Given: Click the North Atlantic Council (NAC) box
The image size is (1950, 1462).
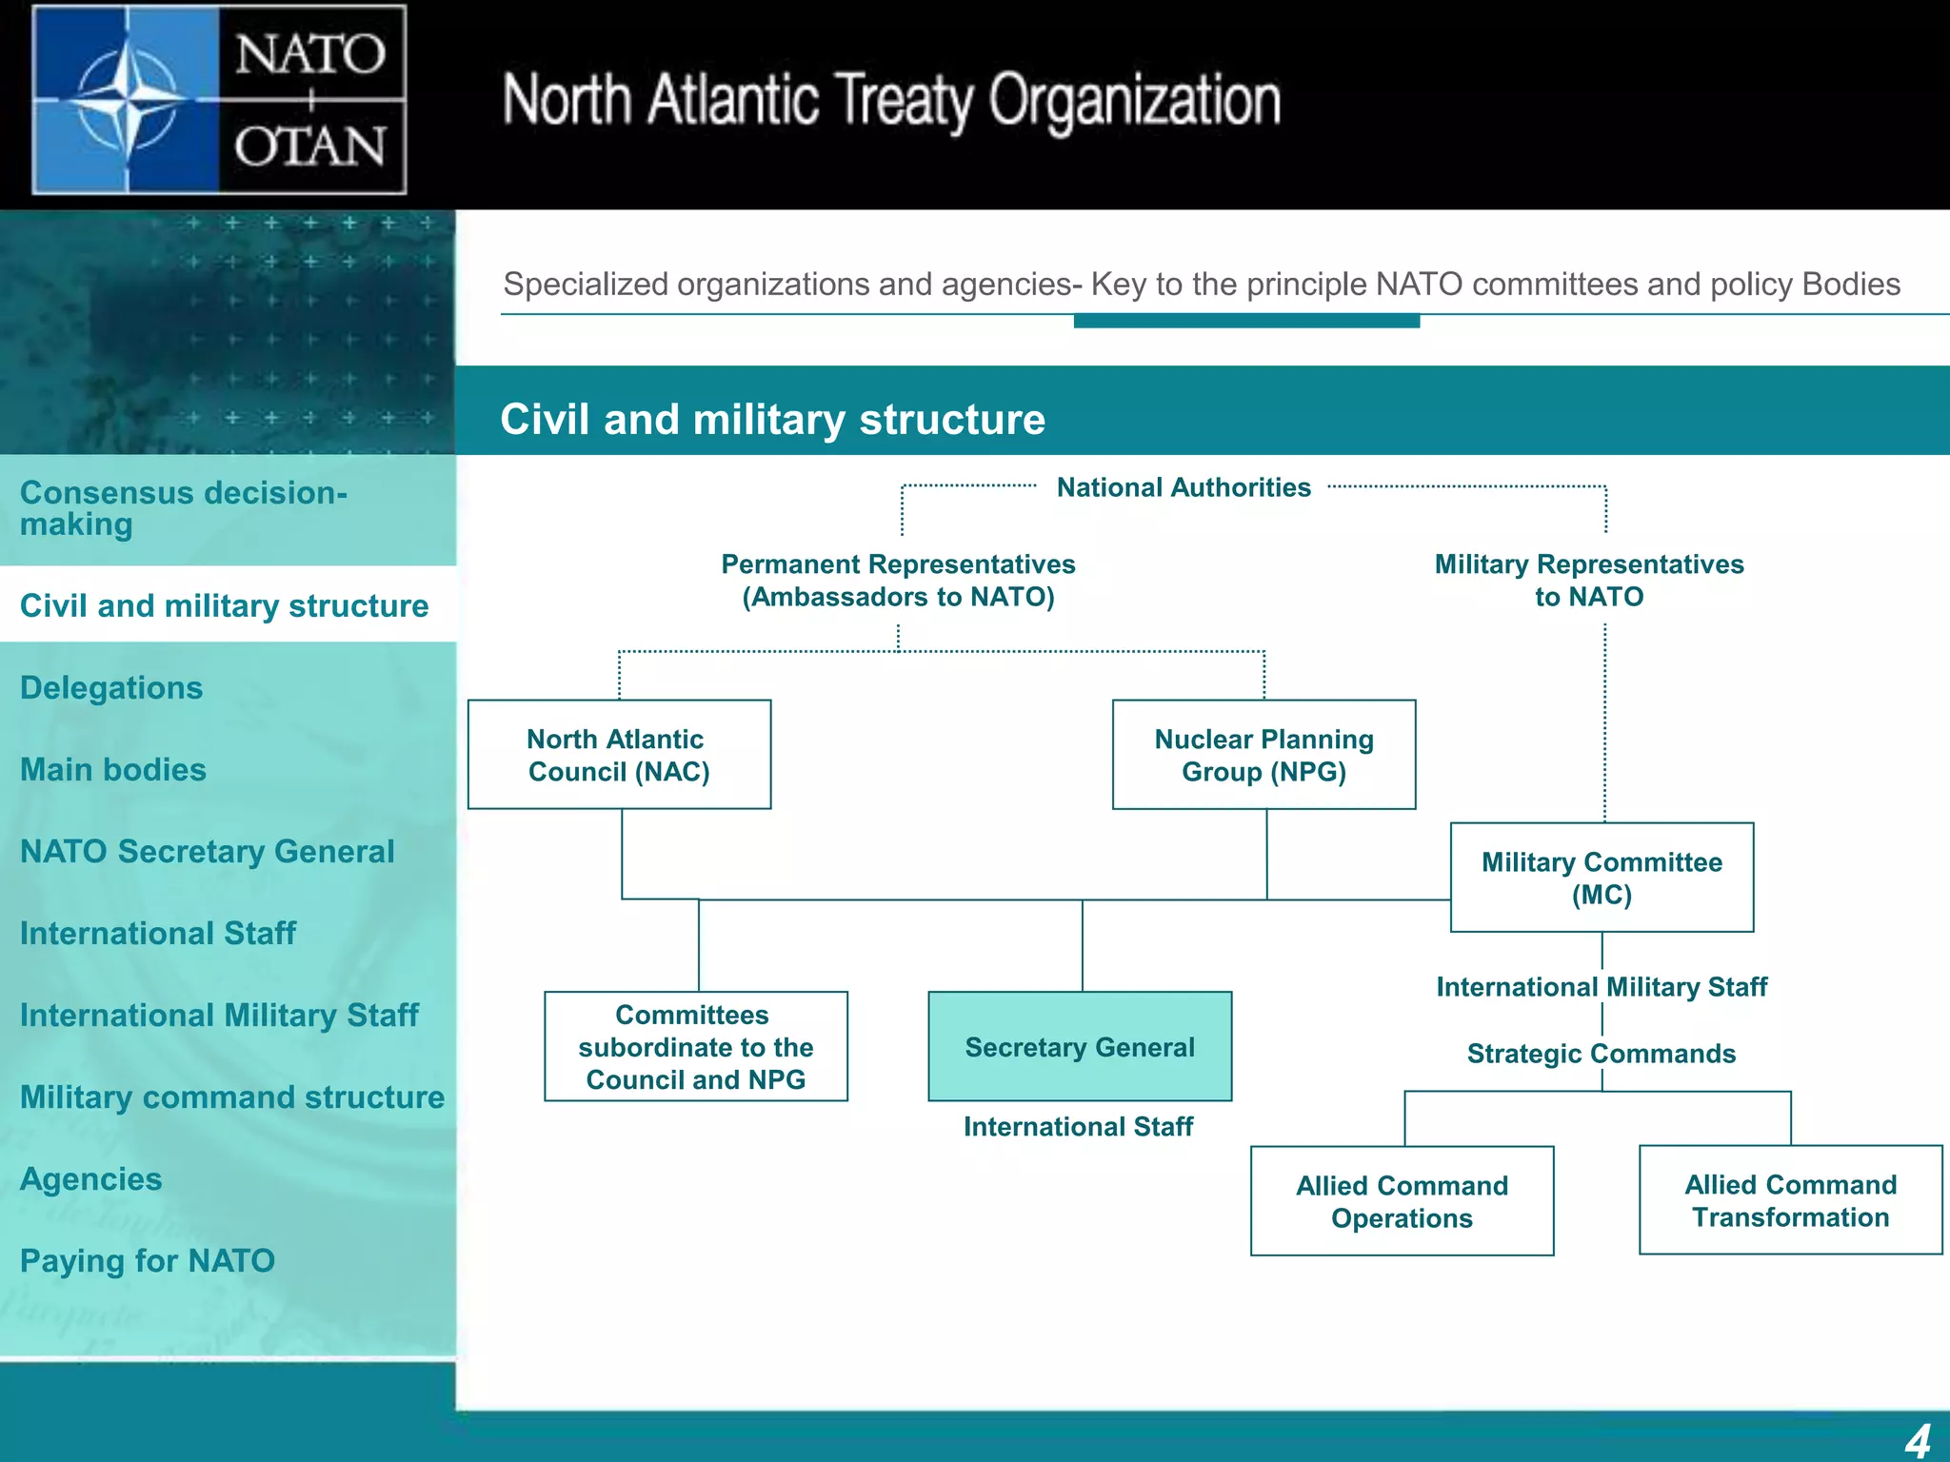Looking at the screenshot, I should pos(619,755).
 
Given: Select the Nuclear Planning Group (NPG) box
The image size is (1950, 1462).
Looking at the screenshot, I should pos(1264,755).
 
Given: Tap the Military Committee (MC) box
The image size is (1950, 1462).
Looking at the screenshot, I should pos(1602,878).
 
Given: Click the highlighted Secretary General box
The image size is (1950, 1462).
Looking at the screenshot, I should pos(1080,1047).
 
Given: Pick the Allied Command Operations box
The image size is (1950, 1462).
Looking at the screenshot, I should pos(1402,1201).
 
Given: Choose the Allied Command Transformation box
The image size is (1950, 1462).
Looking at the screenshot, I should pos(1790,1200).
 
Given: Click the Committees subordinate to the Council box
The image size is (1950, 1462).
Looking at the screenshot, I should pos(695,1047).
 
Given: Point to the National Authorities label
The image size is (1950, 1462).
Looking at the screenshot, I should pos(1184,487).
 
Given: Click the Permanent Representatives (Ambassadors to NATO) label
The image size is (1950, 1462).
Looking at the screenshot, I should pos(898,581).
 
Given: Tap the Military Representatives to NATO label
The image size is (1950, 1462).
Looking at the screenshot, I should pos(1589,581).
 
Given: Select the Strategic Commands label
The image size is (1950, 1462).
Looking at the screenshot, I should pos(1602,1054).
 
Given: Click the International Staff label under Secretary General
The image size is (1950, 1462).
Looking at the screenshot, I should pos(1078,1127).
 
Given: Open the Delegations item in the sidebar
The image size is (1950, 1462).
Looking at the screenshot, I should pos(111,688).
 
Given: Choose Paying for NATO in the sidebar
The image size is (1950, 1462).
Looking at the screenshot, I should pos(148,1261).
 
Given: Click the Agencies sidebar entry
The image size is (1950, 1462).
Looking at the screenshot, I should pos(91,1179).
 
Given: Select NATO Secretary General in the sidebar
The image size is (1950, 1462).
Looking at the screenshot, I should pos(208,852).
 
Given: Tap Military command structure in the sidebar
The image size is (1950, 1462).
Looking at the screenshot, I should pos(232,1097).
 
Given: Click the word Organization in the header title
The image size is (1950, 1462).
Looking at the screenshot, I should pos(1134,101).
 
